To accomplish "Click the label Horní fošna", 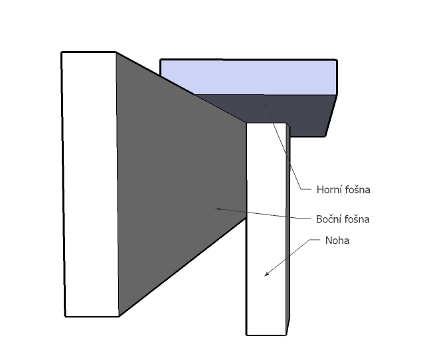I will tap(343, 190).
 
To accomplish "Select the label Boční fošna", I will tap(343, 219).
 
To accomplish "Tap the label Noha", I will tap(337, 240).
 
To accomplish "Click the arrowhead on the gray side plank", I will tap(217, 209).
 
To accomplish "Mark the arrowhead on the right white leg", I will tap(266, 274).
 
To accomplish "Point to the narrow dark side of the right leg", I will tap(289, 232).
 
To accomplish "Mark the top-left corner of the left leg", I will tap(62, 52).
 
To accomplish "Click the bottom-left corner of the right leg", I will tap(247, 335).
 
